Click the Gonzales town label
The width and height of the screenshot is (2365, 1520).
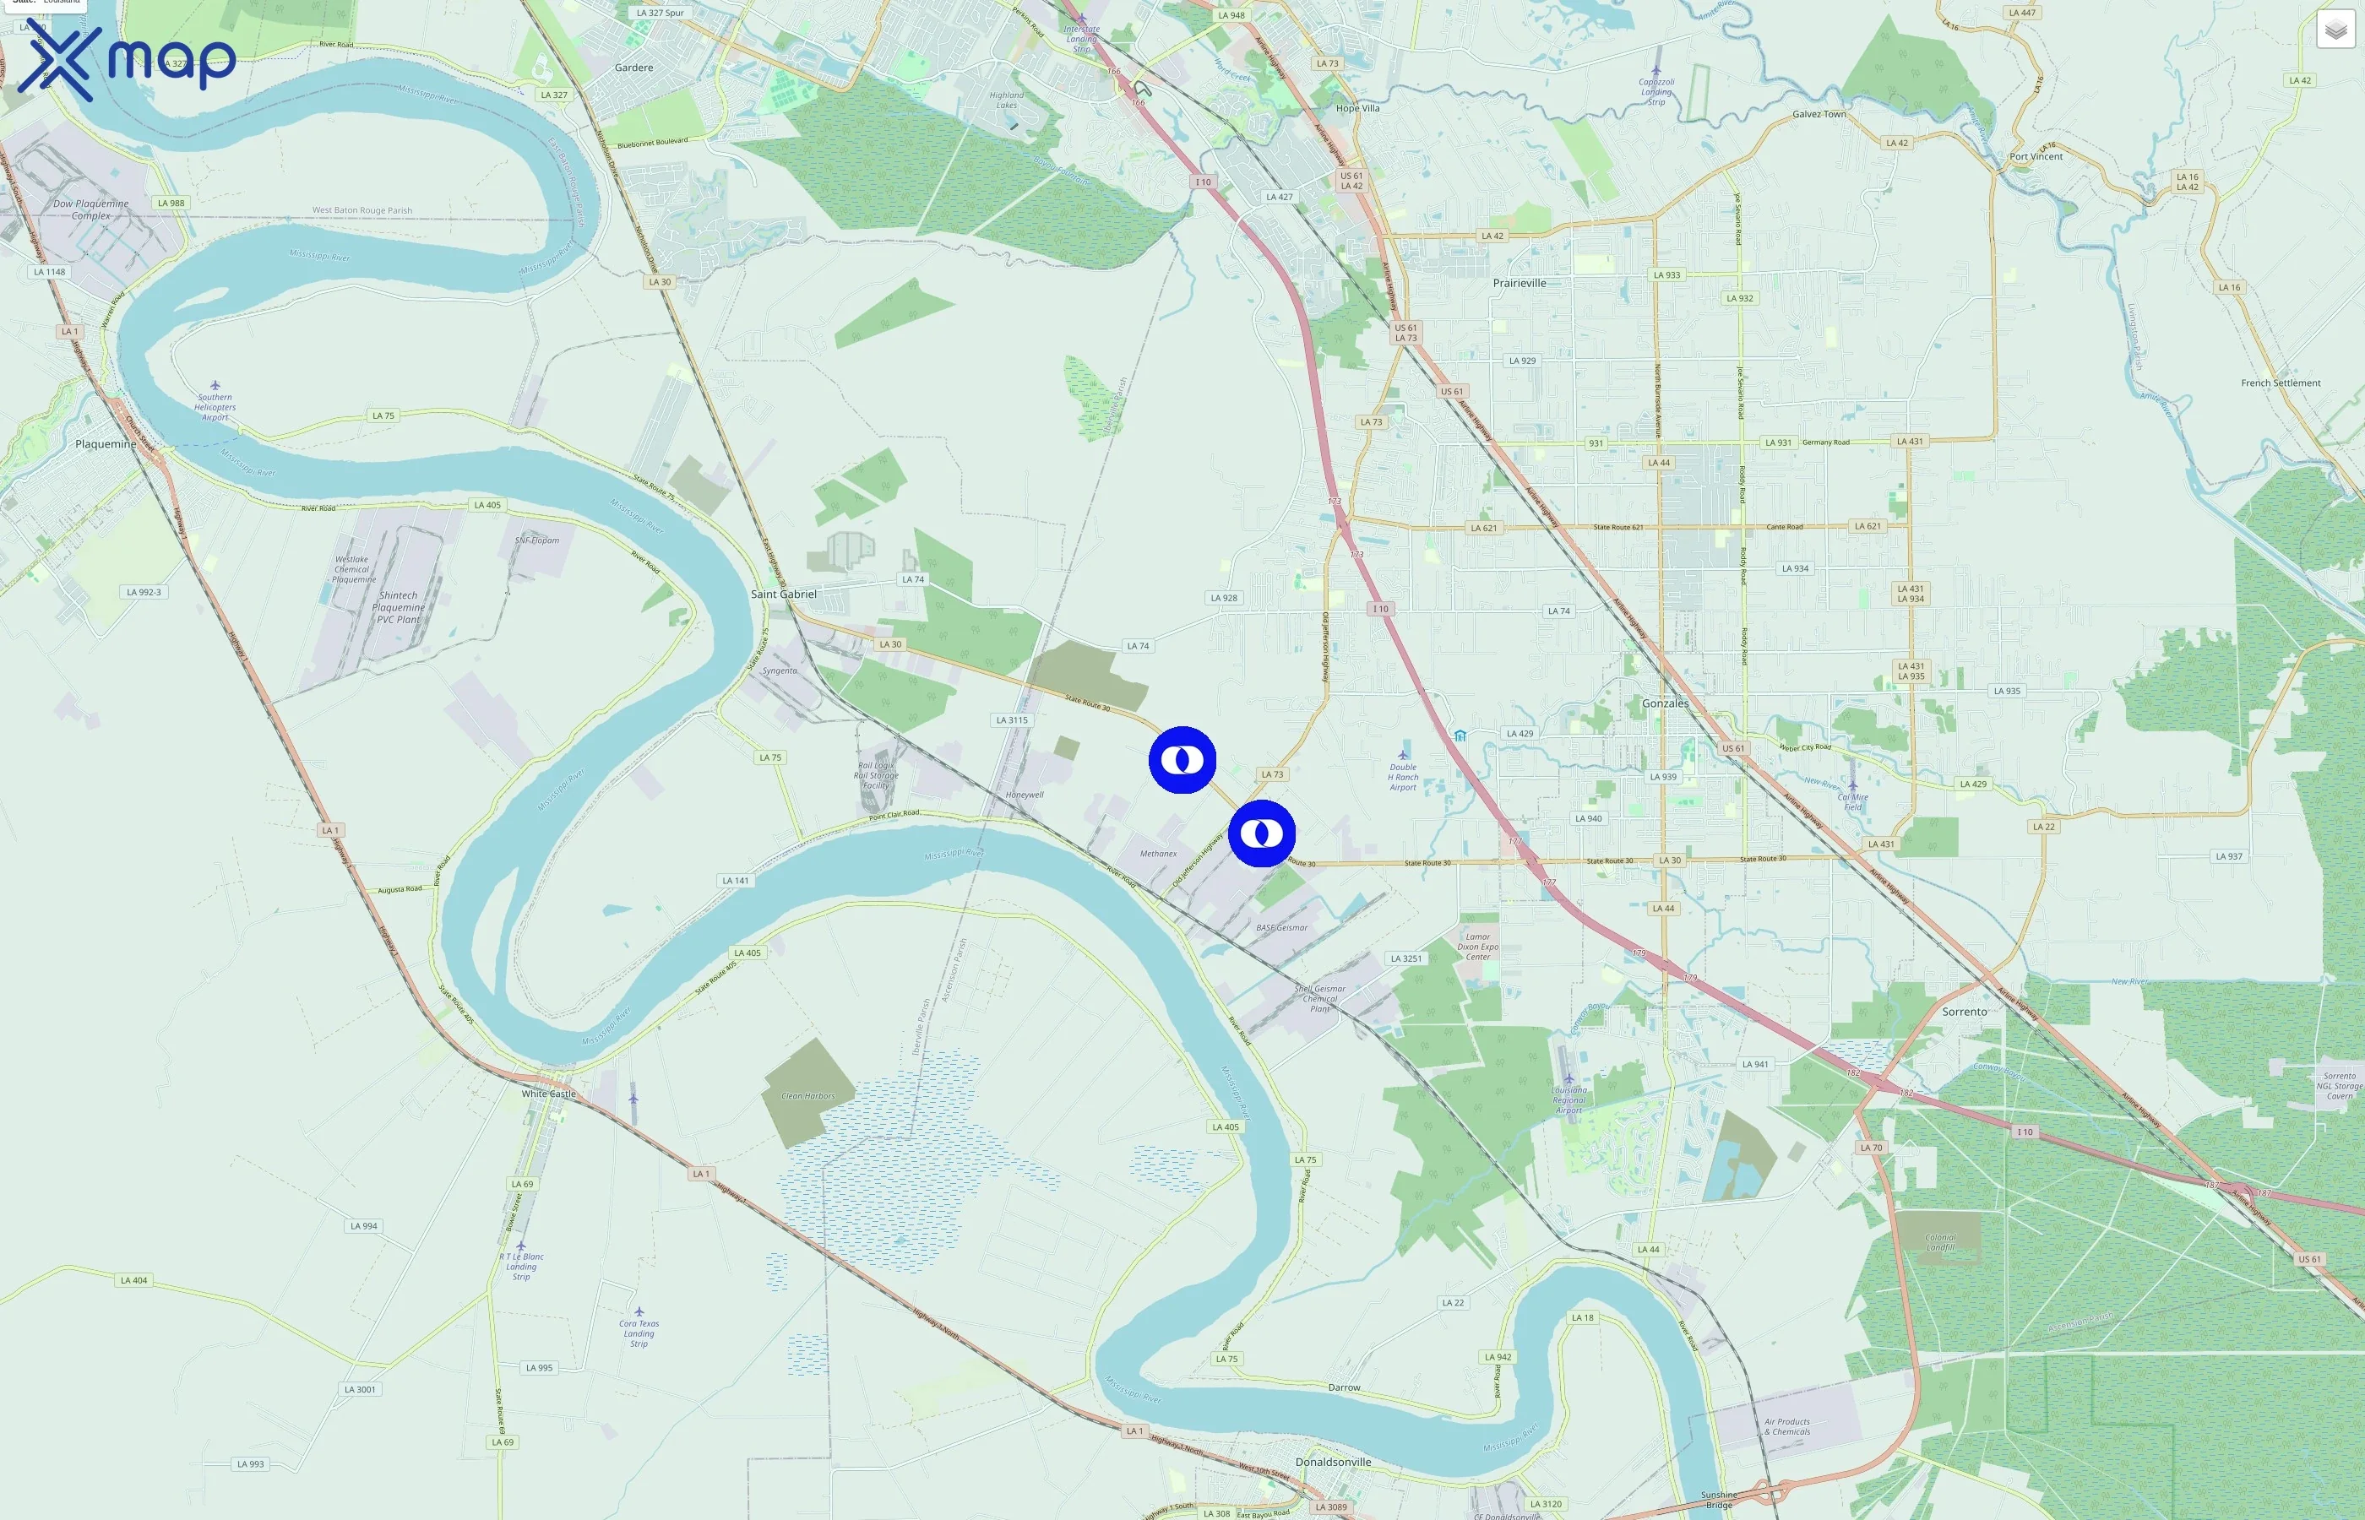coord(1664,703)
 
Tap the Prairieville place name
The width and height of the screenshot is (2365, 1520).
coord(1519,283)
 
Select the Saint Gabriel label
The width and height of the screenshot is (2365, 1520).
coord(783,594)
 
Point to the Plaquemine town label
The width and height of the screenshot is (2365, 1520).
coord(106,444)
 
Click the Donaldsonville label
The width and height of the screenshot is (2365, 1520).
coord(1333,1462)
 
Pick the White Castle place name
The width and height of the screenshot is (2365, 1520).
coord(548,1094)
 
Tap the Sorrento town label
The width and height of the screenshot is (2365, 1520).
coord(1965,1012)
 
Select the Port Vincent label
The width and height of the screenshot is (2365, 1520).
coord(2036,157)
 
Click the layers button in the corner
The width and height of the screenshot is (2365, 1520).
coord(2335,30)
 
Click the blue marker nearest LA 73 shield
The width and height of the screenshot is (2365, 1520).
coord(1261,834)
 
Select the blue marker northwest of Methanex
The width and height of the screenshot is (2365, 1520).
coord(1182,760)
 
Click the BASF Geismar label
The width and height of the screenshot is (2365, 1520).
coord(1281,928)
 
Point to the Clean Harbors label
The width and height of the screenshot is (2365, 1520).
coord(807,1095)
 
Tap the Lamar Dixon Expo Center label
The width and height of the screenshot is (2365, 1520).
coord(1477,947)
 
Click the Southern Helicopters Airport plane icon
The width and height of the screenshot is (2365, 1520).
coord(215,386)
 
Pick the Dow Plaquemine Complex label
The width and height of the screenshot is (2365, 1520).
coord(91,209)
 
